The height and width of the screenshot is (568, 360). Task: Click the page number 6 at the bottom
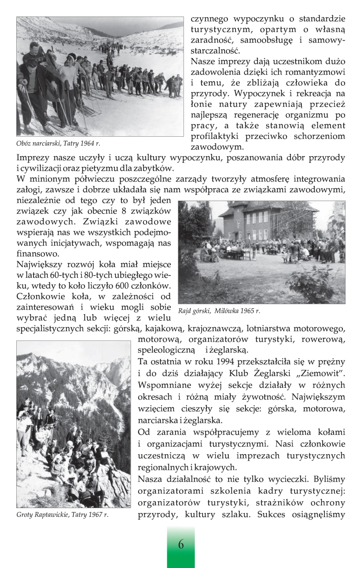(181, 544)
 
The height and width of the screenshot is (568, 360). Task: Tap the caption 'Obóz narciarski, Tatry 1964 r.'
(58, 144)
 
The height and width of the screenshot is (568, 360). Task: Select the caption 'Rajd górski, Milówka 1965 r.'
(219, 311)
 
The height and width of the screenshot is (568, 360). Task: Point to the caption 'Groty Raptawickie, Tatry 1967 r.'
(62, 514)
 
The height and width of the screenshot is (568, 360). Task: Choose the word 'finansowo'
(38, 254)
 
